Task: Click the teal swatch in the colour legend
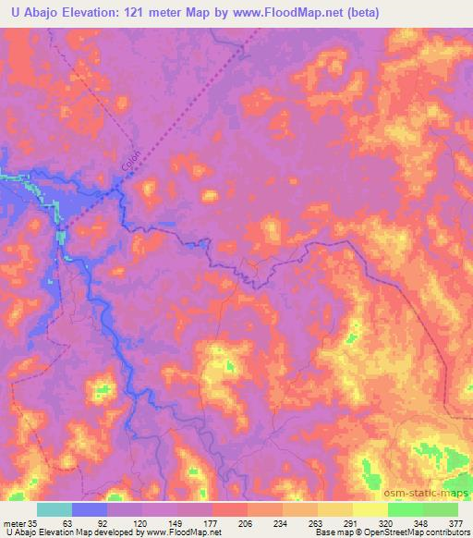pyautogui.click(x=55, y=509)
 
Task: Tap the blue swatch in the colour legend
pyautogui.click(x=90, y=509)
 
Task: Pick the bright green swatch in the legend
pyautogui.click(x=406, y=509)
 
